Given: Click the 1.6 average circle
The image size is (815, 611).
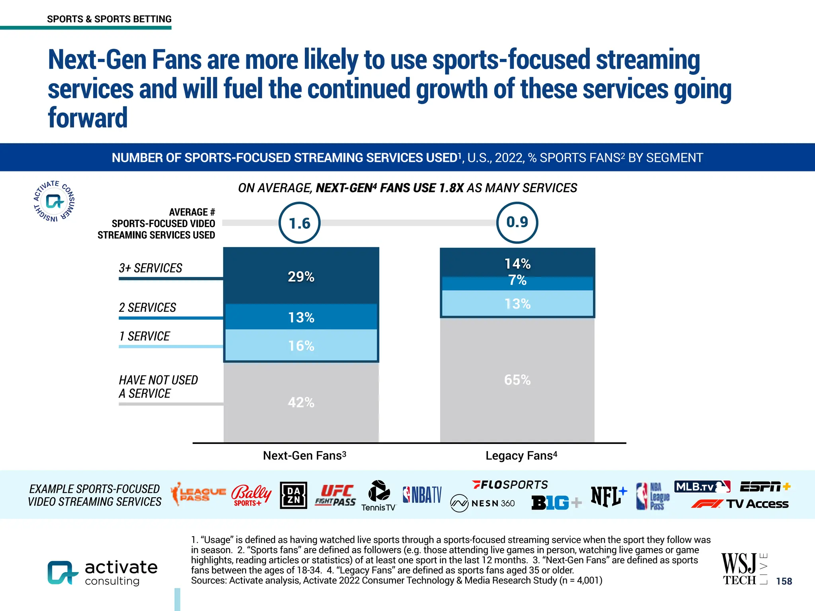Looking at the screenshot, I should point(299,223).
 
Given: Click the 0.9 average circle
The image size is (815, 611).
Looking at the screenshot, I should point(517,222).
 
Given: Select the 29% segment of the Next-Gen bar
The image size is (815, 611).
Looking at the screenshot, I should point(301,276).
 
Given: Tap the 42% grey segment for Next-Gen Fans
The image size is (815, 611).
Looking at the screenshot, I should point(301,402).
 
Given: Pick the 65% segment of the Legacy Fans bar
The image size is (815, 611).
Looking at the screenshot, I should point(517,380).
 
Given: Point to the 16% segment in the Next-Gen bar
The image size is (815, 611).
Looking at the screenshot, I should point(301,346).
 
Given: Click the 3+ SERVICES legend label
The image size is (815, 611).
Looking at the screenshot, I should point(150,268).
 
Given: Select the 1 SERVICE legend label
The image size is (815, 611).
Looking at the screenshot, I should point(144,337).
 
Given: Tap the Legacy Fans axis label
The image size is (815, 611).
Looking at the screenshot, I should point(521,455).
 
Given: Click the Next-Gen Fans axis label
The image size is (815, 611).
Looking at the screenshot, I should point(304,455).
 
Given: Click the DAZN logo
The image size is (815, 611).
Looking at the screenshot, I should point(293,495).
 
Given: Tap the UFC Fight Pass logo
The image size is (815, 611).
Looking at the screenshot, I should point(335,495).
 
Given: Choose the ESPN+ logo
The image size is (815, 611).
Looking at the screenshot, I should point(765,486).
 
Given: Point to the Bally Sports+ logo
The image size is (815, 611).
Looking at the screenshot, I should point(251,495).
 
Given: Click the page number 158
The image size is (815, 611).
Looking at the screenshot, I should point(784,581).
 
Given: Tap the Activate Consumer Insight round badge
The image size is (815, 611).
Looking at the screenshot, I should point(54,201).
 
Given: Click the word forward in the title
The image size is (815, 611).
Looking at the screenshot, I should point(88,118).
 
